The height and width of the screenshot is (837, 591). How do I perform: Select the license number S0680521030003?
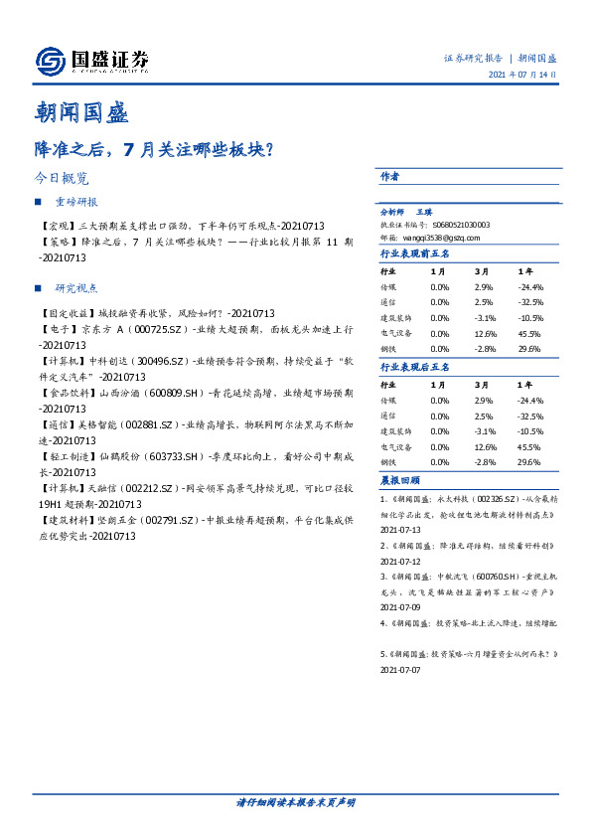[x=462, y=225]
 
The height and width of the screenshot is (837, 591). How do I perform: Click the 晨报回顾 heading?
[x=397, y=480]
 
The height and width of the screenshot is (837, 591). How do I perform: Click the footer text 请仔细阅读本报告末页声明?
[x=295, y=801]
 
